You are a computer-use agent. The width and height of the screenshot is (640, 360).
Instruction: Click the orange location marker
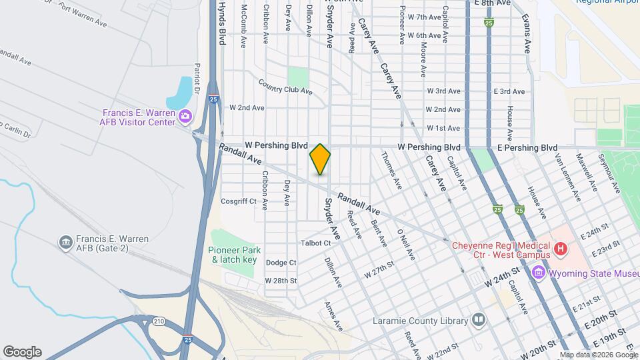pyautogui.click(x=320, y=159)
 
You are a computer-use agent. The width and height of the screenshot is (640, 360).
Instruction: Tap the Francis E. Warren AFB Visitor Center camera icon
pyautogui.click(x=185, y=117)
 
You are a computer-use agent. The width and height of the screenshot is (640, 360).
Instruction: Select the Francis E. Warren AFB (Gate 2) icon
pyautogui.click(x=65, y=241)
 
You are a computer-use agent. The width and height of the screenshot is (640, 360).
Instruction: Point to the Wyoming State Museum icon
pyautogui.click(x=538, y=273)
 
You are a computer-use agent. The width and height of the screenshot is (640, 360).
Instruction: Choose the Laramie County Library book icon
pyautogui.click(x=478, y=321)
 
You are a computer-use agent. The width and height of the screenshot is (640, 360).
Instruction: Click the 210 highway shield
pyautogui.click(x=159, y=321)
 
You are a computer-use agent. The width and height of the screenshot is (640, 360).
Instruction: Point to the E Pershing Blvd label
pyautogui.click(x=525, y=147)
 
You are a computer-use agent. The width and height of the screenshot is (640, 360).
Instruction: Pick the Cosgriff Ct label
pyautogui.click(x=239, y=201)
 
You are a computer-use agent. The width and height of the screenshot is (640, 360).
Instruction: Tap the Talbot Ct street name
pyautogui.click(x=316, y=243)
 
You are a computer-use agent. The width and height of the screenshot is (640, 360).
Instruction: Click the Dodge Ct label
pyautogui.click(x=281, y=263)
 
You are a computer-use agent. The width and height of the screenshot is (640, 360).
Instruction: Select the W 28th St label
pyautogui.click(x=281, y=281)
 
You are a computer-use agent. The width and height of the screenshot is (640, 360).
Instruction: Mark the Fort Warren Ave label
pyautogui.click(x=82, y=15)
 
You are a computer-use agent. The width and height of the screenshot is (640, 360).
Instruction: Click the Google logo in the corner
pyautogui.click(x=22, y=352)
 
